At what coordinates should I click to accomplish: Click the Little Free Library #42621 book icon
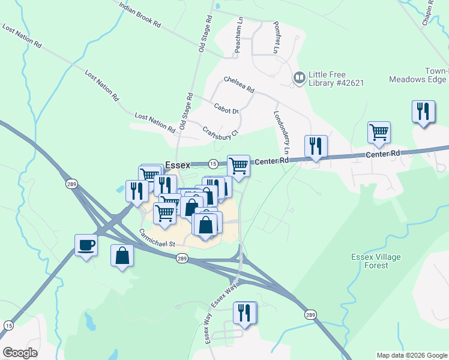click(298, 79)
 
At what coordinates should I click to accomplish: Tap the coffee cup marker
click(86, 245)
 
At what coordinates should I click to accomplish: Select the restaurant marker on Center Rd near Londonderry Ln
click(316, 146)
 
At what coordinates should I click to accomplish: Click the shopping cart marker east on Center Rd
click(379, 133)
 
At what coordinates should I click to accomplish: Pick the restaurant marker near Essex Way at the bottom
click(244, 313)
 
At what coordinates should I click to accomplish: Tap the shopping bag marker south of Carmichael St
click(122, 256)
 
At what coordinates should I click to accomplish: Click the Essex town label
click(177, 165)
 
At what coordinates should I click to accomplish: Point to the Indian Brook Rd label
click(140, 15)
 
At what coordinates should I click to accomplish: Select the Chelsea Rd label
click(239, 84)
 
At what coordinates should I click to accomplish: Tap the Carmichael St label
click(156, 239)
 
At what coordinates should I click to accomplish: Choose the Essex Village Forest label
click(376, 261)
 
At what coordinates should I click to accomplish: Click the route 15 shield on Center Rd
click(213, 164)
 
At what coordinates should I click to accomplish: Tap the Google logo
click(20, 352)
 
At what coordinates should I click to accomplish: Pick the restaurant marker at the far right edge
click(424, 112)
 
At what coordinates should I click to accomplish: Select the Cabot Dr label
click(226, 109)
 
